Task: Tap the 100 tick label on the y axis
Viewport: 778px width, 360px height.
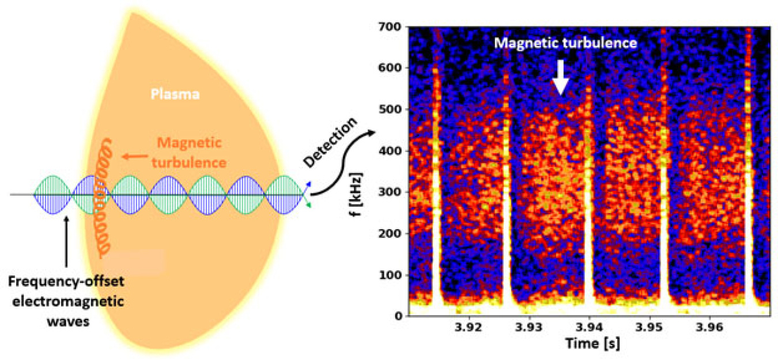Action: coord(392,275)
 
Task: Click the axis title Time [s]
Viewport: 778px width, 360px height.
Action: coord(588,343)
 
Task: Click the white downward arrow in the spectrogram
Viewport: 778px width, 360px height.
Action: coord(560,78)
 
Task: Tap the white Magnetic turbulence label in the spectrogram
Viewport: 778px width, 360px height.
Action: coord(565,43)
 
